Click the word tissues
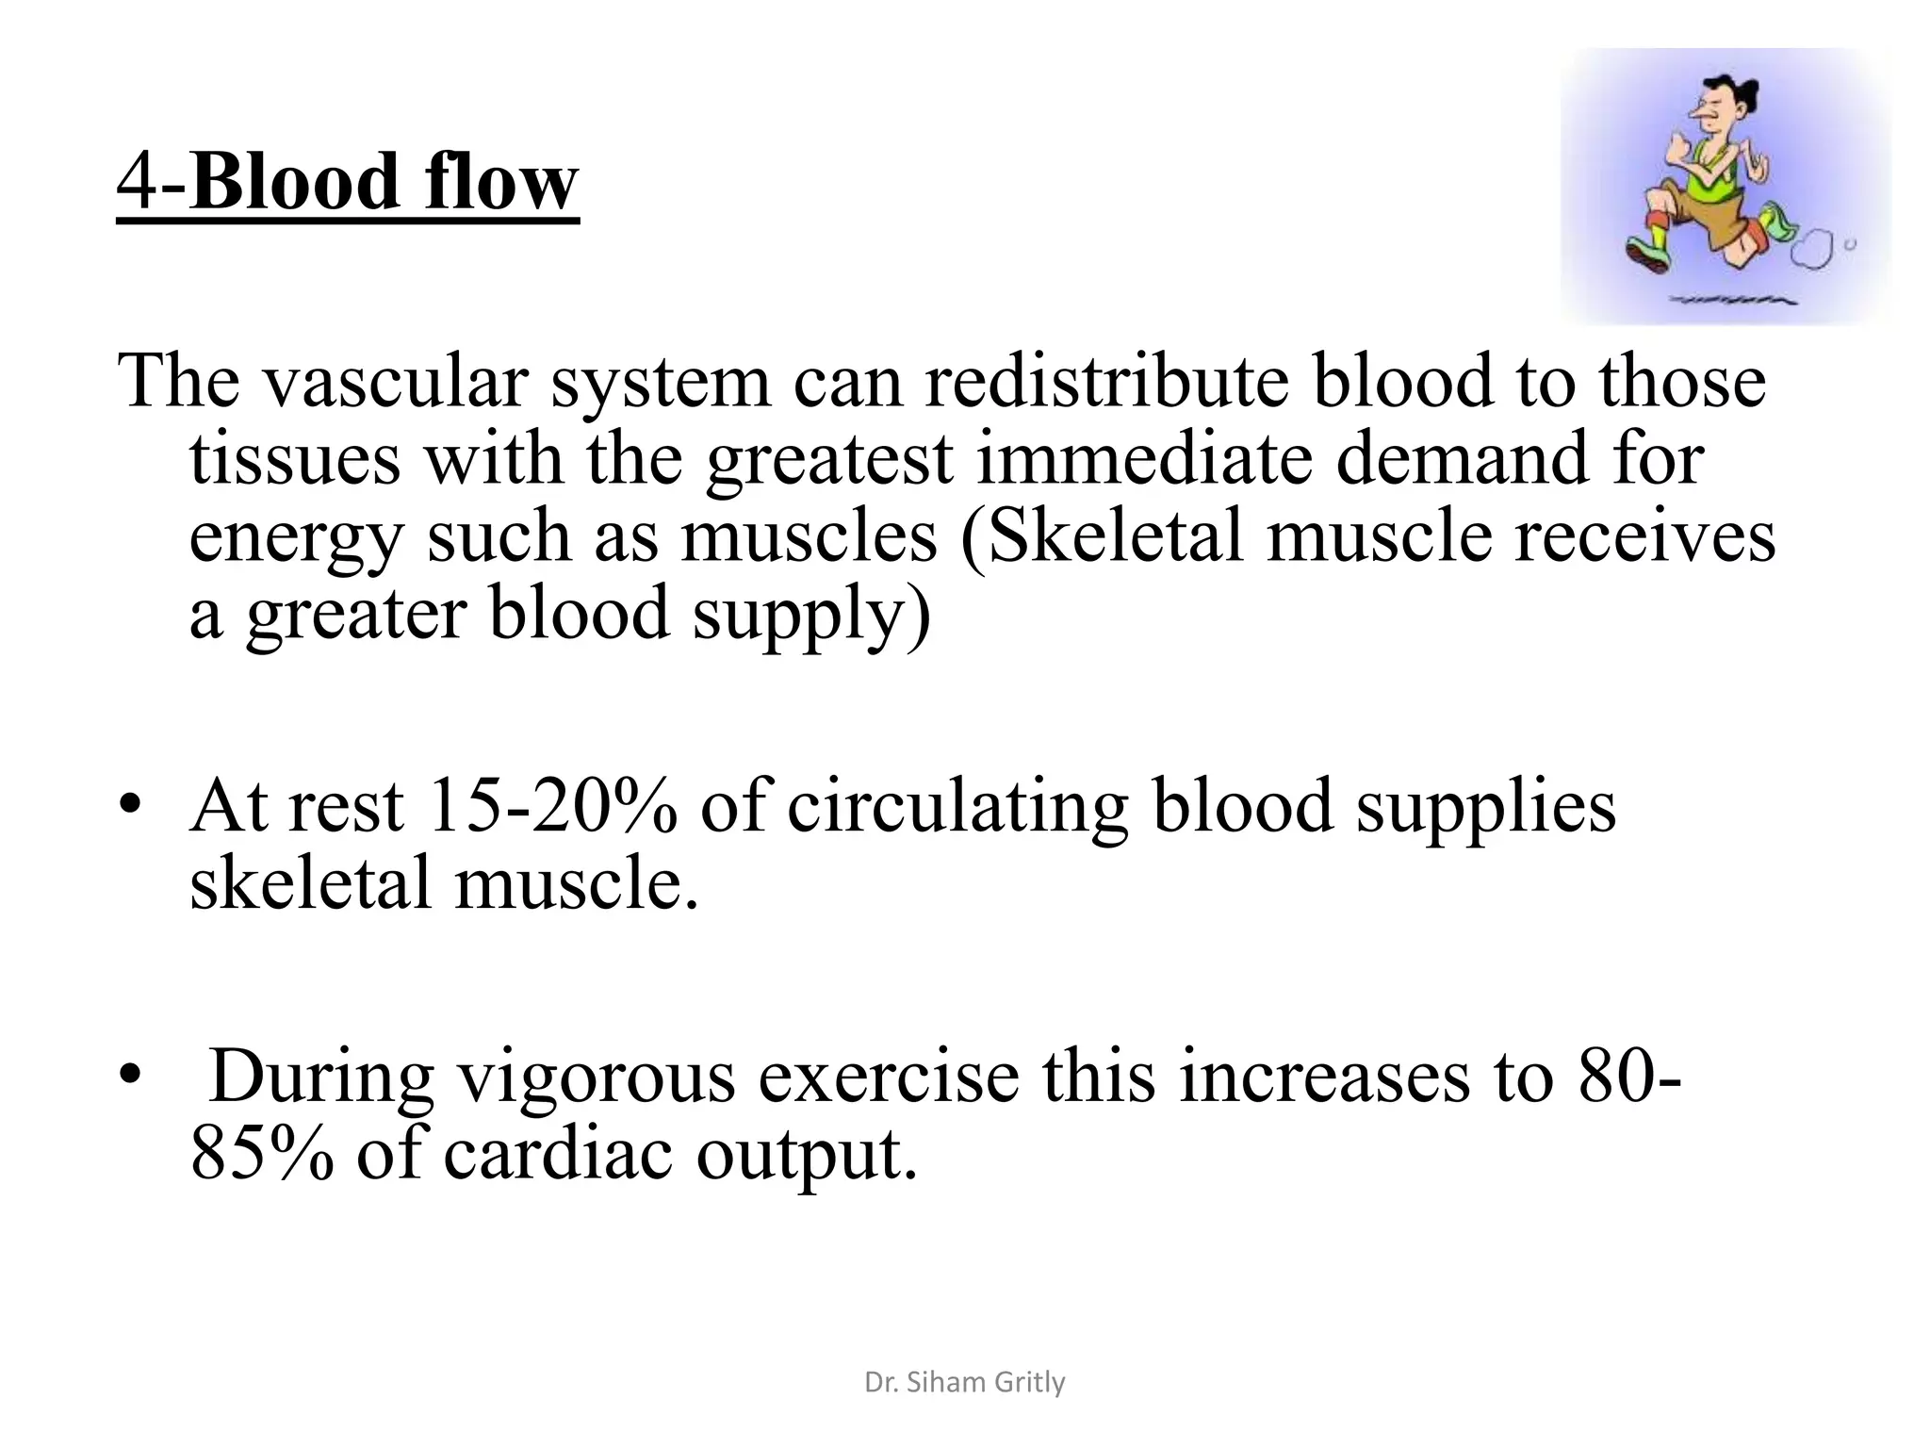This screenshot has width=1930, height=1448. coord(294,460)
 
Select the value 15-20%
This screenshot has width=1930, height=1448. coord(551,808)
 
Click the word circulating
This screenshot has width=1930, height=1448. coord(957,808)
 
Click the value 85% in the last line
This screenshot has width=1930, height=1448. coord(261,1156)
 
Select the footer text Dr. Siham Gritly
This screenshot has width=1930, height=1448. coord(964,1383)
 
